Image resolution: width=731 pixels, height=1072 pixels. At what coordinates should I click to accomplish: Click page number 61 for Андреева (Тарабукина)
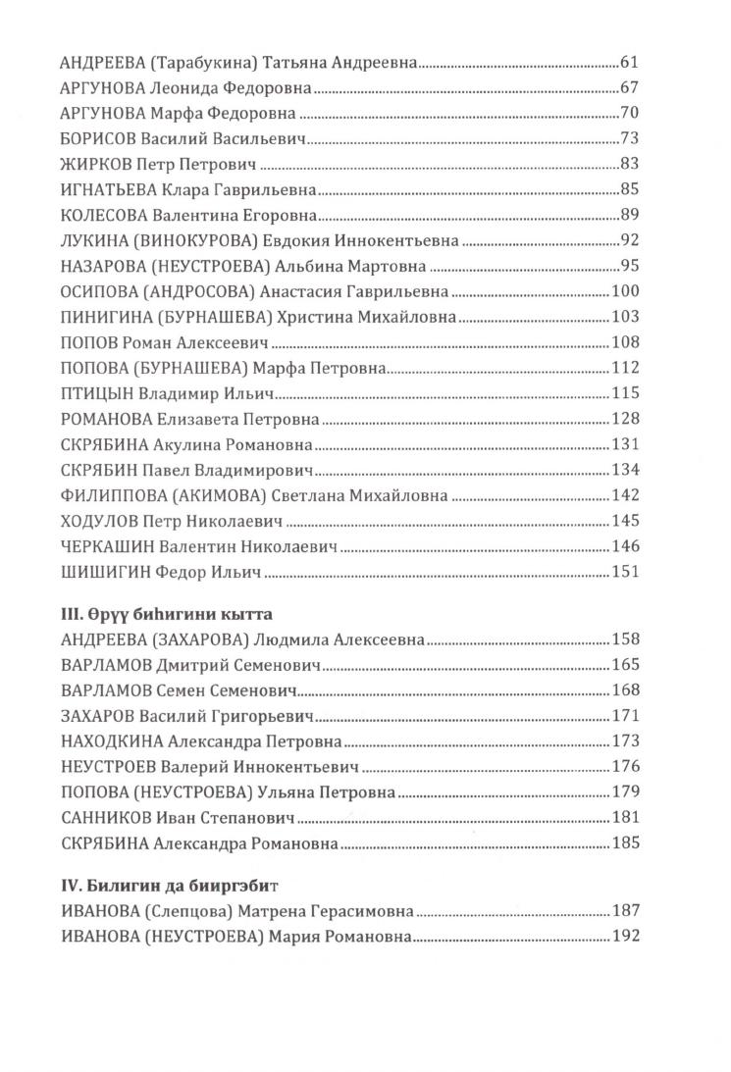tap(630, 61)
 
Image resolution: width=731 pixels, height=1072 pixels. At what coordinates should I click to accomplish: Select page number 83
tap(630, 163)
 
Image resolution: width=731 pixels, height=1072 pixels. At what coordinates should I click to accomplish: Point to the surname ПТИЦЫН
tap(94, 392)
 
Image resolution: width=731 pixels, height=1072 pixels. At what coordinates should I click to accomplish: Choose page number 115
tap(625, 392)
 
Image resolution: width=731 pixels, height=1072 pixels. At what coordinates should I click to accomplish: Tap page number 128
tap(625, 419)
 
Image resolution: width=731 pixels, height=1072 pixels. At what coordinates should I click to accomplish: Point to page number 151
tap(625, 572)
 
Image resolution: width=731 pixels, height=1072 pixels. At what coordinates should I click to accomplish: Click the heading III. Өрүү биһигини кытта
tap(165, 614)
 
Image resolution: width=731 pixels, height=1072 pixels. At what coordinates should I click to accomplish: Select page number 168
tap(625, 690)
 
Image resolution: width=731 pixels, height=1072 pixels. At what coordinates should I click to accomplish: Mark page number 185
tap(625, 842)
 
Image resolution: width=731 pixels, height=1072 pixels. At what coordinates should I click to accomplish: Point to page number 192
tap(625, 937)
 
